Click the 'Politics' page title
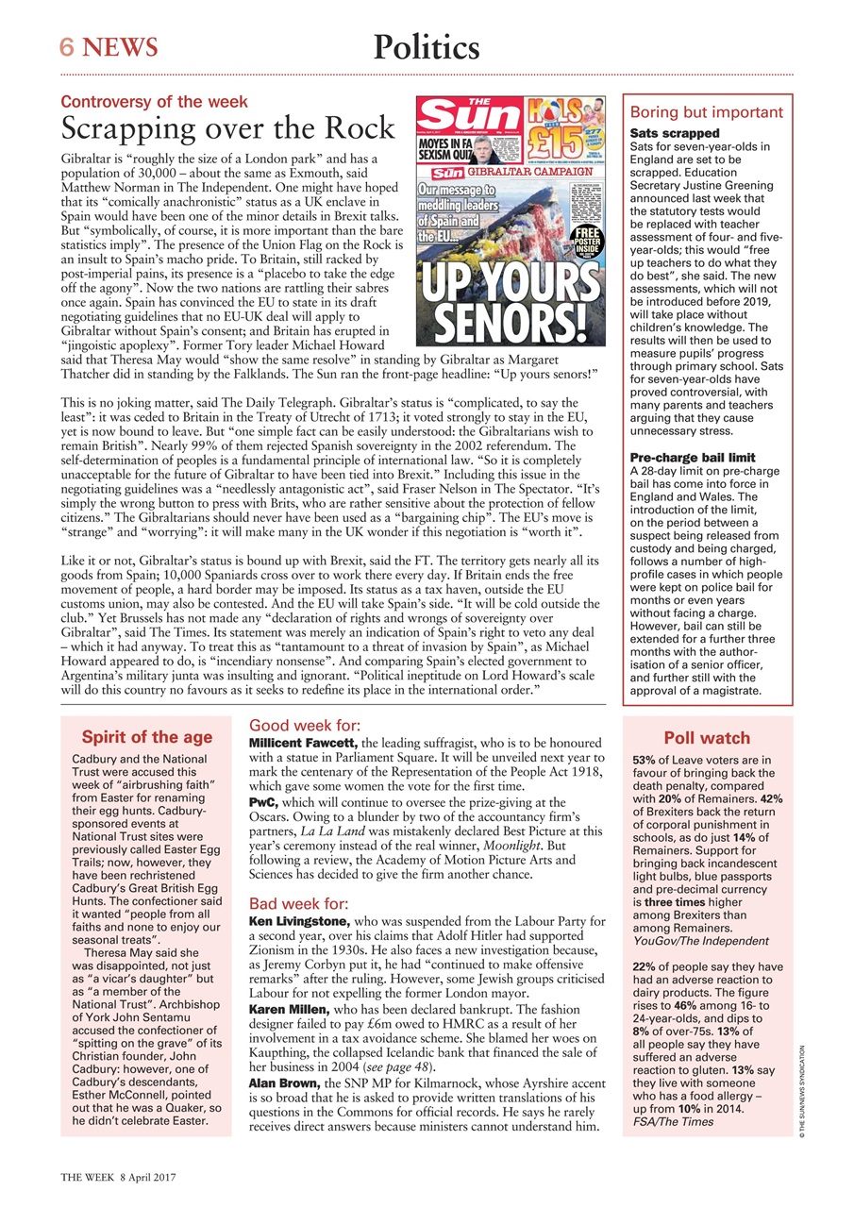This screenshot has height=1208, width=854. tap(427, 46)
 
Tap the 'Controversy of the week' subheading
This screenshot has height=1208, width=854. tap(154, 102)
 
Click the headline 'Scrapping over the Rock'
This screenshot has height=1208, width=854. tap(227, 127)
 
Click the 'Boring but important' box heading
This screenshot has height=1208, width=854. tap(706, 112)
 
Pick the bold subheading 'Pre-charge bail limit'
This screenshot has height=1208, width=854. tap(692, 458)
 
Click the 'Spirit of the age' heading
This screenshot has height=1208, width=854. tap(146, 737)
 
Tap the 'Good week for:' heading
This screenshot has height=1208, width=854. tap(304, 726)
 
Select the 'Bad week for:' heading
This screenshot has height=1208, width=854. tap(298, 903)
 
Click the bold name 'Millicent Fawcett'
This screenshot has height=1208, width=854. tap(302, 745)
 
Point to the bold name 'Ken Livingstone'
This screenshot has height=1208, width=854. tap(299, 920)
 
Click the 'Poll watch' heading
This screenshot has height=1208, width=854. tap(707, 738)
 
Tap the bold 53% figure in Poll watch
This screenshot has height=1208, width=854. tap(645, 760)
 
